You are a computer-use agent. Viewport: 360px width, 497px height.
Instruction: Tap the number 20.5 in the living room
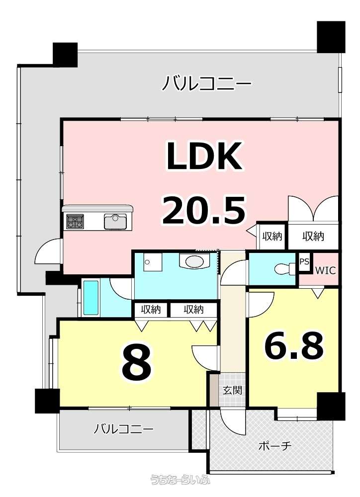coord(204,210)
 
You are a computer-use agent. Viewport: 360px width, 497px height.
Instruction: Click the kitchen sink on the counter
coord(115,221)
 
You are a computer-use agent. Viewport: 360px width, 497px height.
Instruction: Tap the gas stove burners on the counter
coord(75,221)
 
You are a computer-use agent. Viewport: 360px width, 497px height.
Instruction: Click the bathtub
coord(91,298)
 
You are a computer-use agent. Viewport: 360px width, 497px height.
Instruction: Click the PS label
coord(304,262)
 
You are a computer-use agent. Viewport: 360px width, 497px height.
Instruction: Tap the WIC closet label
coord(325,271)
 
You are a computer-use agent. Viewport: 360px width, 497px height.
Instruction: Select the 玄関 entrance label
coord(233,390)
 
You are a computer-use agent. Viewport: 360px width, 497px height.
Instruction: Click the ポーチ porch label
coord(275,446)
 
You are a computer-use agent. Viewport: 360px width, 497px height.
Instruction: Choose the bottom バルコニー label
coord(123,429)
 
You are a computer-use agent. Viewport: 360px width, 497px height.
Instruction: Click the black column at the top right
coord(331,37)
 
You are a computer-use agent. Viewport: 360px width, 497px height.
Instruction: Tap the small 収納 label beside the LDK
coord(272,236)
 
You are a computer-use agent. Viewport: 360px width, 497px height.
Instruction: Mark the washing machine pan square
coord(150,262)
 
